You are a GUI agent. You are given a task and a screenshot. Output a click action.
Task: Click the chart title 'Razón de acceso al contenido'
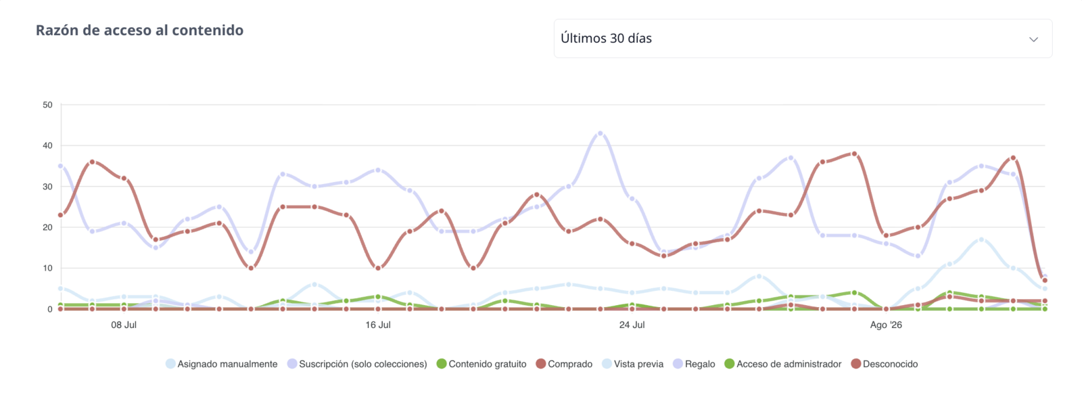tap(139, 30)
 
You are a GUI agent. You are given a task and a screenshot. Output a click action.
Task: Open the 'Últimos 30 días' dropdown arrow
tap(1033, 39)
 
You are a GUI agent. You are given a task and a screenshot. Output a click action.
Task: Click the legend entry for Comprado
tap(564, 364)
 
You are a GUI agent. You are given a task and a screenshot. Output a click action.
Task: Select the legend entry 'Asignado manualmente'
tap(222, 364)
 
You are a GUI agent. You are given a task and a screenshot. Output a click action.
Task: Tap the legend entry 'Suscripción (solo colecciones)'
tap(358, 364)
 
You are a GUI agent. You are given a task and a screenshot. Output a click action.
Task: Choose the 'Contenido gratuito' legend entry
tap(481, 364)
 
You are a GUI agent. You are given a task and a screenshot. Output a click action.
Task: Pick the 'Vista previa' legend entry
tap(633, 364)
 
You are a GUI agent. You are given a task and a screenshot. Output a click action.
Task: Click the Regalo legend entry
tap(694, 364)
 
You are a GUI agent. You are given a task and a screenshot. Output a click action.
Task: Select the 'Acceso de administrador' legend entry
tap(783, 364)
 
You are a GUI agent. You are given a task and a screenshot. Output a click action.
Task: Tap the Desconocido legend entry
tap(885, 364)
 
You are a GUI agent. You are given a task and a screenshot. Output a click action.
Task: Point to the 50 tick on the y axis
tap(47, 105)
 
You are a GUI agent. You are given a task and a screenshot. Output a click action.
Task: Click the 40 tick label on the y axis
tap(47, 145)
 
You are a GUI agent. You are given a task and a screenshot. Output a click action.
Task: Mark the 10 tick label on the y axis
tap(47, 269)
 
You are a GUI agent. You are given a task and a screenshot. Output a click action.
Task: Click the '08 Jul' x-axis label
tap(124, 325)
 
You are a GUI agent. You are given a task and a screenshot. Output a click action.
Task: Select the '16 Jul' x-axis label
tap(378, 325)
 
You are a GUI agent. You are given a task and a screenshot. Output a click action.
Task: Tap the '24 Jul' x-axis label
tap(632, 325)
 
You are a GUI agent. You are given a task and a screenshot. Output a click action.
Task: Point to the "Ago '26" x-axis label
tap(886, 325)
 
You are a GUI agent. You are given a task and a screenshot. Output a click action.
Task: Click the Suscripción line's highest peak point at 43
tap(601, 133)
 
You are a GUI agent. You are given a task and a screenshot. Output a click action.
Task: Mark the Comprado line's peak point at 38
tap(855, 154)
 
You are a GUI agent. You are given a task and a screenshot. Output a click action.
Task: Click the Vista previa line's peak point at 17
tap(981, 239)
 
